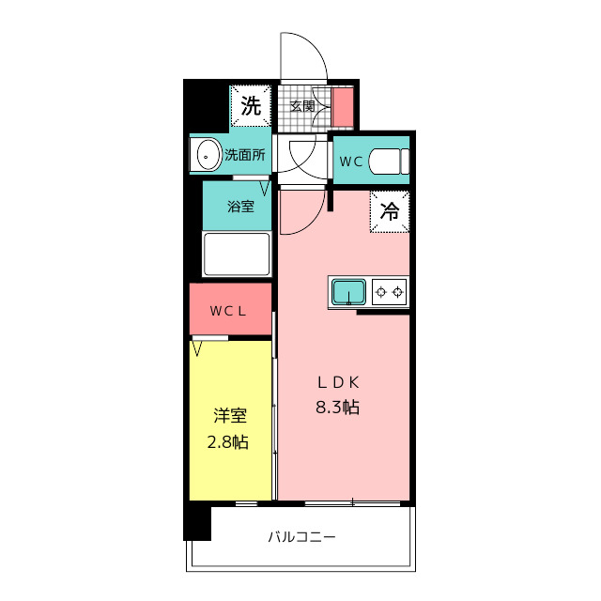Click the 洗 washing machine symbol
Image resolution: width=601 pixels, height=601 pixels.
pos(251,106)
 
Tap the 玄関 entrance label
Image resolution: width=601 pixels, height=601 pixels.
pos(302,106)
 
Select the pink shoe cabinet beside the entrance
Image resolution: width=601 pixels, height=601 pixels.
pos(342,107)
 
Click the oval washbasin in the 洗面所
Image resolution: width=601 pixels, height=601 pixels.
pos(208,155)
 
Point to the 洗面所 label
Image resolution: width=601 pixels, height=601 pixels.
pos(245,155)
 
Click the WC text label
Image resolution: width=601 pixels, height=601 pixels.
pos(351,162)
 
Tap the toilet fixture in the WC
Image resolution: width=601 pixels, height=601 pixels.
pos(389,161)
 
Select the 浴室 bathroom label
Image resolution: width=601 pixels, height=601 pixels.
pos(240,207)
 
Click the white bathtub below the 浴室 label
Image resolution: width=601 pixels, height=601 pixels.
pos(237,254)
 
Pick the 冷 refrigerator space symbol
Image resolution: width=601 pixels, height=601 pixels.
pos(390,211)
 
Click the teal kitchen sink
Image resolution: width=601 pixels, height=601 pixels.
pos(348,292)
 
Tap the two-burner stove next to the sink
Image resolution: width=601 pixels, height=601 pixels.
pos(389,292)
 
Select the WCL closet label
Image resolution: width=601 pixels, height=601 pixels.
pos(227,311)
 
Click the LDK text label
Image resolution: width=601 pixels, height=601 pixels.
pos(338,382)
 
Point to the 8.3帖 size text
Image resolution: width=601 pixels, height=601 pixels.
pos(337,407)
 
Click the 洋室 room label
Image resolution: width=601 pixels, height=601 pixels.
pos(230,416)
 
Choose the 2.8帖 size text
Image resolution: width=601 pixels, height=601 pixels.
pos(228,442)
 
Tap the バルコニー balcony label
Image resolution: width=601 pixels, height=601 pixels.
pos(301,536)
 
